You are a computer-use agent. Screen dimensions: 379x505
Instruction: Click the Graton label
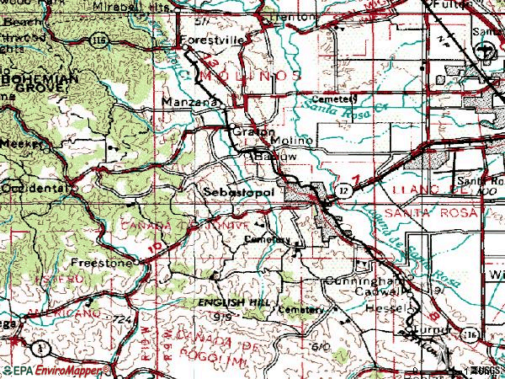pos(245,131)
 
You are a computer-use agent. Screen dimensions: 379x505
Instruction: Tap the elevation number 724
pos(124,320)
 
